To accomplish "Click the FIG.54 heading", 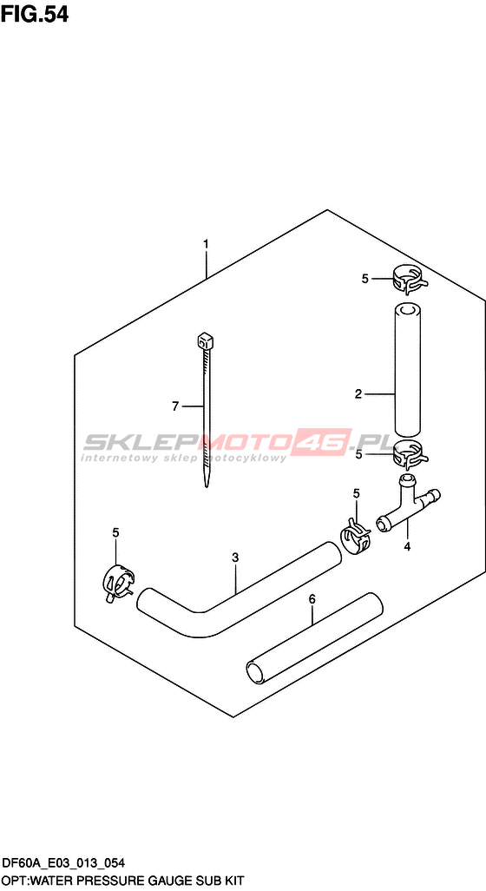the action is pos(35,14).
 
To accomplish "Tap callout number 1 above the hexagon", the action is pos(207,244).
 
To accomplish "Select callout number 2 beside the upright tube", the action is pos(358,393).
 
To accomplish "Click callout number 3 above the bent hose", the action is pos(235,558).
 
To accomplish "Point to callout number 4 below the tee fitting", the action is pos(406,547).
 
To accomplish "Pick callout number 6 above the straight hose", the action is pos(312,599).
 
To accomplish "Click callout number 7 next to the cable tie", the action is pos(175,406).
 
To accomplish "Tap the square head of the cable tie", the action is pos(205,342).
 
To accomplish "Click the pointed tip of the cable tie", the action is pos(207,485).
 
